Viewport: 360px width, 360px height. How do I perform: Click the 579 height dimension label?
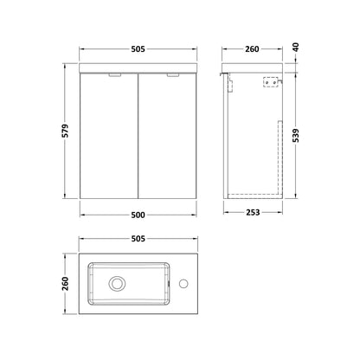(66, 131)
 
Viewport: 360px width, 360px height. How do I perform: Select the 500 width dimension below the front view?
(138, 215)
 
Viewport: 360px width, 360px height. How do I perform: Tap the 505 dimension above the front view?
(138, 49)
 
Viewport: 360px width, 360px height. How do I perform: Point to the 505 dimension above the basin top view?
(138, 239)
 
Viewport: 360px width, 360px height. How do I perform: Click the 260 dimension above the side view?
(252, 49)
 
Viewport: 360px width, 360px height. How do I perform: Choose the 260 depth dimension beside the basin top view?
(66, 284)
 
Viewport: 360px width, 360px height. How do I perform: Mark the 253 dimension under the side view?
(253, 212)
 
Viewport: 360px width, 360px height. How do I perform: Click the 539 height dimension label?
(296, 136)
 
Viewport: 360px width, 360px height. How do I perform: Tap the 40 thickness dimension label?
(296, 47)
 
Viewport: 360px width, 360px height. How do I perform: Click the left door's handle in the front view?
(115, 75)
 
